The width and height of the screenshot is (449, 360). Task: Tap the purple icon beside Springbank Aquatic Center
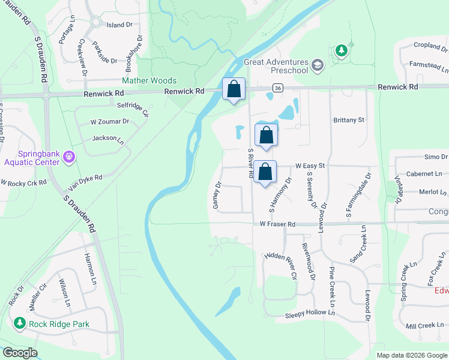click(70, 157)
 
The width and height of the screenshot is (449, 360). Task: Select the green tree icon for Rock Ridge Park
click(19, 324)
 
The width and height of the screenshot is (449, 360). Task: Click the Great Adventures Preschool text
click(276, 66)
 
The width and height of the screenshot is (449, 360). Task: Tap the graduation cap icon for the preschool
click(318, 64)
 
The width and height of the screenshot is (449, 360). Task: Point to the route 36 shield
click(277, 88)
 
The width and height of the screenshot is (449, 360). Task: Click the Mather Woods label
click(149, 80)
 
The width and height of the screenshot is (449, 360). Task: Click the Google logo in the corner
click(20, 353)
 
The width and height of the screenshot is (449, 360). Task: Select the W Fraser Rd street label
click(277, 224)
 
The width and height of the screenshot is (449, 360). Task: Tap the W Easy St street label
click(310, 166)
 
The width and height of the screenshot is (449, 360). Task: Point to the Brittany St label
click(349, 120)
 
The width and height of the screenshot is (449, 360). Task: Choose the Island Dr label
click(119, 25)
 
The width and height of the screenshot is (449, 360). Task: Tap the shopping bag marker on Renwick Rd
click(234, 89)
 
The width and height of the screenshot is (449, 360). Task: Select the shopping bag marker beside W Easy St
click(265, 172)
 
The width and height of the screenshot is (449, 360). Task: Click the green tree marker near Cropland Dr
click(341, 50)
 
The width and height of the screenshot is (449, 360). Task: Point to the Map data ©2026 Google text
click(411, 355)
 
